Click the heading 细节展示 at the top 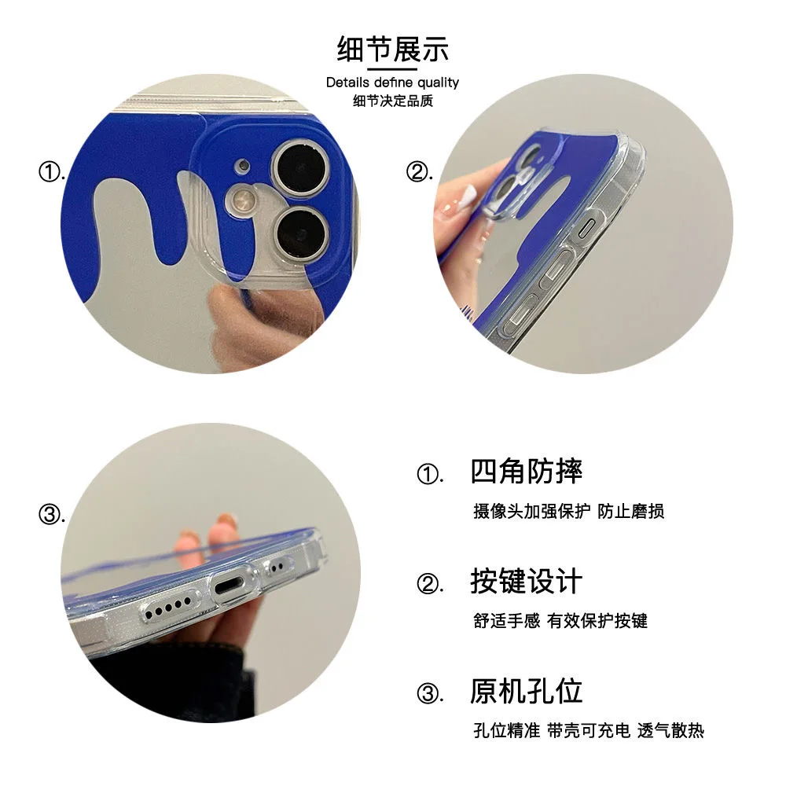pyautogui.click(x=392, y=49)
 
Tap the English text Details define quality pyautogui.click(x=392, y=83)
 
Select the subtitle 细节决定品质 pyautogui.click(x=392, y=101)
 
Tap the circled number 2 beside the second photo pyautogui.click(x=418, y=172)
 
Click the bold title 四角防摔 pyautogui.click(x=526, y=472)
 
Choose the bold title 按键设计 pyautogui.click(x=526, y=582)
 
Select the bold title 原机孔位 pyautogui.click(x=526, y=691)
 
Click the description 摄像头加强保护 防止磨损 pyautogui.click(x=568, y=512)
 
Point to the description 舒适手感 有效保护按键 pyautogui.click(x=560, y=621)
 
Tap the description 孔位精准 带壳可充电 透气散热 pyautogui.click(x=588, y=731)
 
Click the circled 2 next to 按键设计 pyautogui.click(x=428, y=584)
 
